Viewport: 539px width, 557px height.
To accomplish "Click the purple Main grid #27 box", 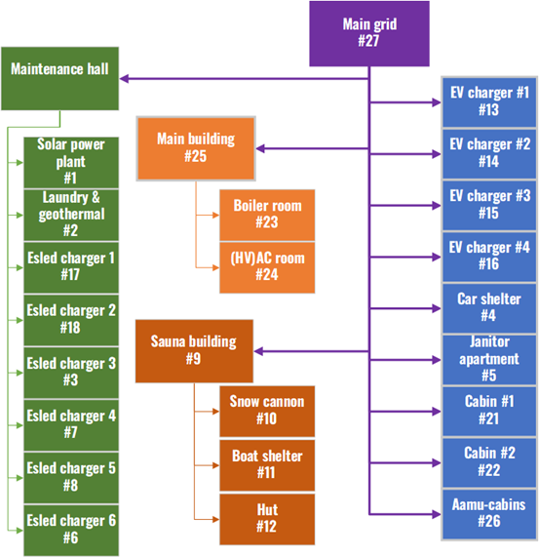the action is coord(369,34).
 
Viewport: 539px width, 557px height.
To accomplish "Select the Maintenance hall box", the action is coord(60,78).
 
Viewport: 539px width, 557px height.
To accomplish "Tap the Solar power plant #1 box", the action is coord(71,162).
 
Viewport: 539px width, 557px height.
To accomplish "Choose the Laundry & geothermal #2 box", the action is coord(71,215).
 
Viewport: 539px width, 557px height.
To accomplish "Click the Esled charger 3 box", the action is coord(71,373).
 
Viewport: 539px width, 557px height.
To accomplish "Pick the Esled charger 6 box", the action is coord(71,531).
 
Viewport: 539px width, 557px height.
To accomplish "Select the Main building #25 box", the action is coord(196,148).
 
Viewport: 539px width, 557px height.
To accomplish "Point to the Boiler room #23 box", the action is coord(267,215).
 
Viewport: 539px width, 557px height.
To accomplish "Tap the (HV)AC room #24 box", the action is coord(267,267).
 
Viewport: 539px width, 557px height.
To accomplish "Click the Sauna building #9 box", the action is coord(194,351).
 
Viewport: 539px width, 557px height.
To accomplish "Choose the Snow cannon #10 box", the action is coord(267,412).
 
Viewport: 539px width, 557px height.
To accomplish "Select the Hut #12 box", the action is coord(267,519).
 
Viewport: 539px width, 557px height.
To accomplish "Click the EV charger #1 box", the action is coord(489,102).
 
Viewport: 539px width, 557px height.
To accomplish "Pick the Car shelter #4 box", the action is coord(489,308).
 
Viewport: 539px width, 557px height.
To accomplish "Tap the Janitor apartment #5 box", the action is coord(489,360).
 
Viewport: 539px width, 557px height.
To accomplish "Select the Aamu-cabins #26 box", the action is coord(489,514).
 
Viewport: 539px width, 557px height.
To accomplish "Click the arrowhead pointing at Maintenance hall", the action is coord(124,78).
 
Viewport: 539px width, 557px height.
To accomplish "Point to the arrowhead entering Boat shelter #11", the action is coord(215,465).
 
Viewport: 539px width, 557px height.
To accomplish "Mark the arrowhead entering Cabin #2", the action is coord(437,462).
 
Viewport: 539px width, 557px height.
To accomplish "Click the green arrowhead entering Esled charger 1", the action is coord(20,267).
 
